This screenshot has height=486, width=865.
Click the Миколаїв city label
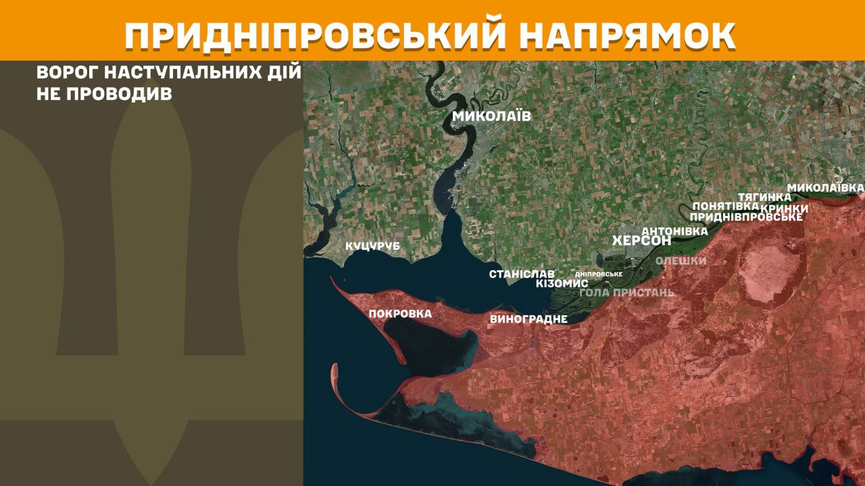pos(491,116)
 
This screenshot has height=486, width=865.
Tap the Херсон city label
pos(641,241)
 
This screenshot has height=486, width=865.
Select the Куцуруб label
pos(372,246)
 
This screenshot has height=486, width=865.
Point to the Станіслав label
pos(522,274)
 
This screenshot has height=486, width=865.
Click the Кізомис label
pos(562,283)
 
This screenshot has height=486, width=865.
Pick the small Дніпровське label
pos(598,274)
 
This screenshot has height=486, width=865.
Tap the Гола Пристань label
pos(626,292)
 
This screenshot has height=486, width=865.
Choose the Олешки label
pos(681,261)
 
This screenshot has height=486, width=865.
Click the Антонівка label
pos(674,231)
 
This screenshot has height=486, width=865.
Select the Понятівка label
pos(725,206)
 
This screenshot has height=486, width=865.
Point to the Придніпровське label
pos(746,217)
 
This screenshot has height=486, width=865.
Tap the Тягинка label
pos(764,196)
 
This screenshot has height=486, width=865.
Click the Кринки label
pos(785,208)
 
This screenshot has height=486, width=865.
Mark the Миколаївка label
pos(826,186)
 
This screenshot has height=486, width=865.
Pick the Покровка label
pos(400,313)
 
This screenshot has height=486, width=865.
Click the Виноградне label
pos(528,319)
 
